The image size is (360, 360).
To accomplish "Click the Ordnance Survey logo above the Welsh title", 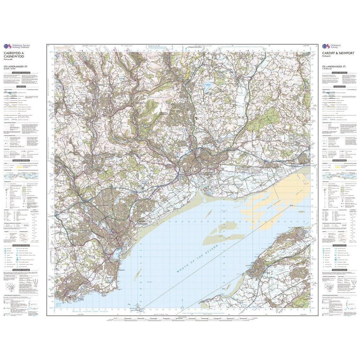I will pyautogui.click(x=15, y=46).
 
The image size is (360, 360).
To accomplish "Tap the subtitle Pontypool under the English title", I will pyautogui.click(x=327, y=57).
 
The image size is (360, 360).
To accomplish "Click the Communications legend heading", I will pyautogui.click(x=339, y=86).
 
